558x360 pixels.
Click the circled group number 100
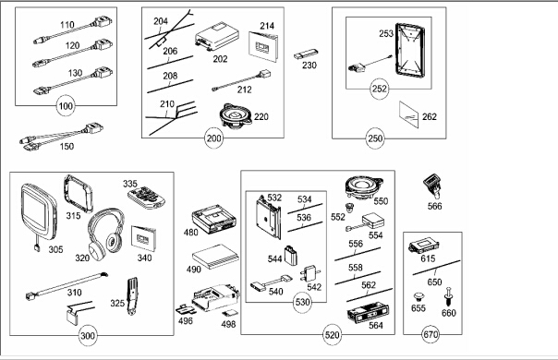(66, 106)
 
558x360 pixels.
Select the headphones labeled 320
(105, 233)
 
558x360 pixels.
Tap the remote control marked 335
(147, 197)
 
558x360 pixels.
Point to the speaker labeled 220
(236, 115)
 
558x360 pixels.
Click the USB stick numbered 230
(306, 54)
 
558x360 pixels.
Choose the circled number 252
(380, 89)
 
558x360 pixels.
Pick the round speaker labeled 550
(364, 187)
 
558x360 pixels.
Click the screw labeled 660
(448, 296)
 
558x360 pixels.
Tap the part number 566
(434, 206)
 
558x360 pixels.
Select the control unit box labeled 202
(216, 37)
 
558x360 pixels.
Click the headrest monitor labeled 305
(39, 213)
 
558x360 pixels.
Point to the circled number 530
(302, 303)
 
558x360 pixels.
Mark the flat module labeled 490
(215, 256)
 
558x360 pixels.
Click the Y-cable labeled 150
(60, 136)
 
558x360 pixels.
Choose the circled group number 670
(431, 334)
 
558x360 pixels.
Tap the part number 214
(267, 26)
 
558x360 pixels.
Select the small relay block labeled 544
(290, 256)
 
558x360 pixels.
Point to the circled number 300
(88, 335)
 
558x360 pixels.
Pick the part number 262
(430, 116)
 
